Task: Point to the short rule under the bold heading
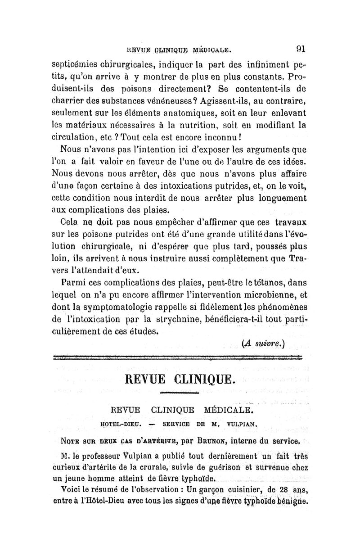click(x=179, y=393)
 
